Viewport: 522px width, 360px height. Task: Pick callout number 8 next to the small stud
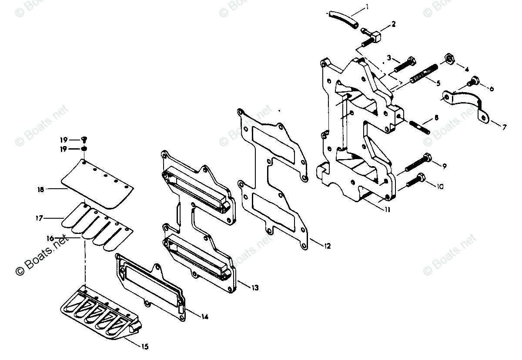click(x=436, y=117)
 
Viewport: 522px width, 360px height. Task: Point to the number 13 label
click(x=255, y=288)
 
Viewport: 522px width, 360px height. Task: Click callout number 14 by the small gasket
click(x=204, y=317)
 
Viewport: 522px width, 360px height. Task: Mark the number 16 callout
click(x=50, y=238)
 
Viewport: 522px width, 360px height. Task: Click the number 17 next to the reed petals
click(x=39, y=218)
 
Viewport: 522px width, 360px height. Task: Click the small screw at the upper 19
click(x=85, y=139)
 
